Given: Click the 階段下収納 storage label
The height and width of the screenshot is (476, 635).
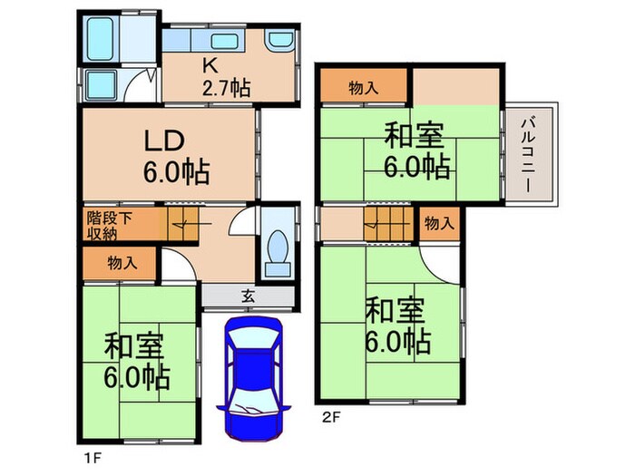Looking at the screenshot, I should click(x=107, y=225).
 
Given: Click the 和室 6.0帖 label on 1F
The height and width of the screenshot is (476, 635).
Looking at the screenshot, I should click(x=136, y=361).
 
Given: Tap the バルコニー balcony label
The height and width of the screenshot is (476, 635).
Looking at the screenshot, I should click(x=527, y=153).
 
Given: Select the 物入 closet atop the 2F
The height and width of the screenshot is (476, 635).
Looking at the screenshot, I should click(x=364, y=88).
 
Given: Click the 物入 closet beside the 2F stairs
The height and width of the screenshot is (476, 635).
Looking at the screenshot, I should click(x=438, y=223).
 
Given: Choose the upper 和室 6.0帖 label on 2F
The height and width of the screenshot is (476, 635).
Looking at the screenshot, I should click(x=415, y=151).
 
